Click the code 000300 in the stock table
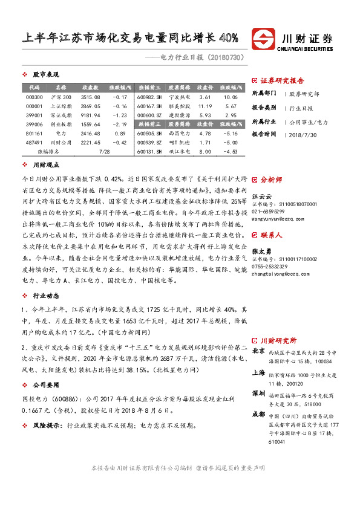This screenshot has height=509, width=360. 34,97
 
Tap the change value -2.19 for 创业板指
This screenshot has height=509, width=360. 120,123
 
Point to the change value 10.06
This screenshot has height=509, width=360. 230,97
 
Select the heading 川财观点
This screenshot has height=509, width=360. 46,164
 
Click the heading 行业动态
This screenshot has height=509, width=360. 46,297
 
